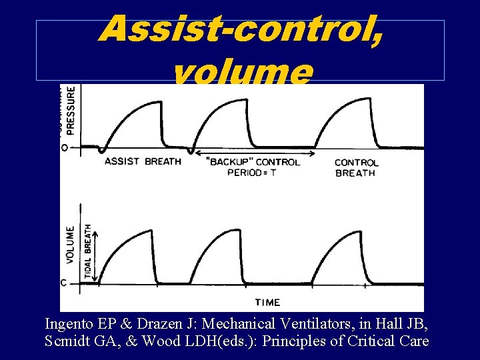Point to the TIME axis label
(267, 302)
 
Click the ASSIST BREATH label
(143, 161)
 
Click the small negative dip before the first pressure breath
(101, 151)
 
